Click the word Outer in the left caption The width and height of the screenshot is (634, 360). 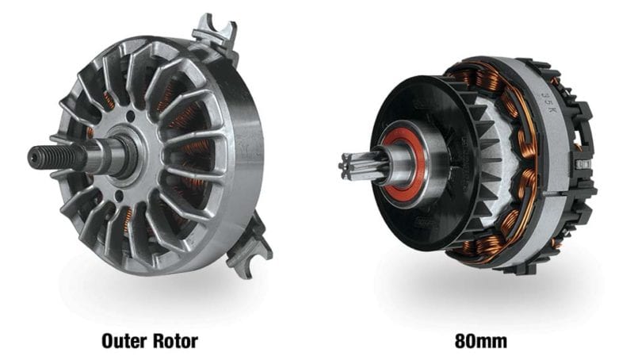click(x=127, y=341)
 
